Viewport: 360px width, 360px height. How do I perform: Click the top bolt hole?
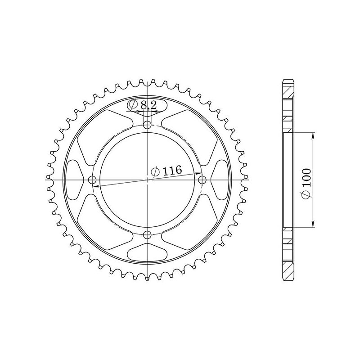tap(148, 125)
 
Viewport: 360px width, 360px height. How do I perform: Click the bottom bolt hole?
tap(148, 234)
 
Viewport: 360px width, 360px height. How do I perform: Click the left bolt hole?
tap(93, 180)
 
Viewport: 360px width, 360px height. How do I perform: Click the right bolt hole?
tap(202, 180)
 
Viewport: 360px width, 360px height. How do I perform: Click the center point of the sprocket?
tap(148, 180)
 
